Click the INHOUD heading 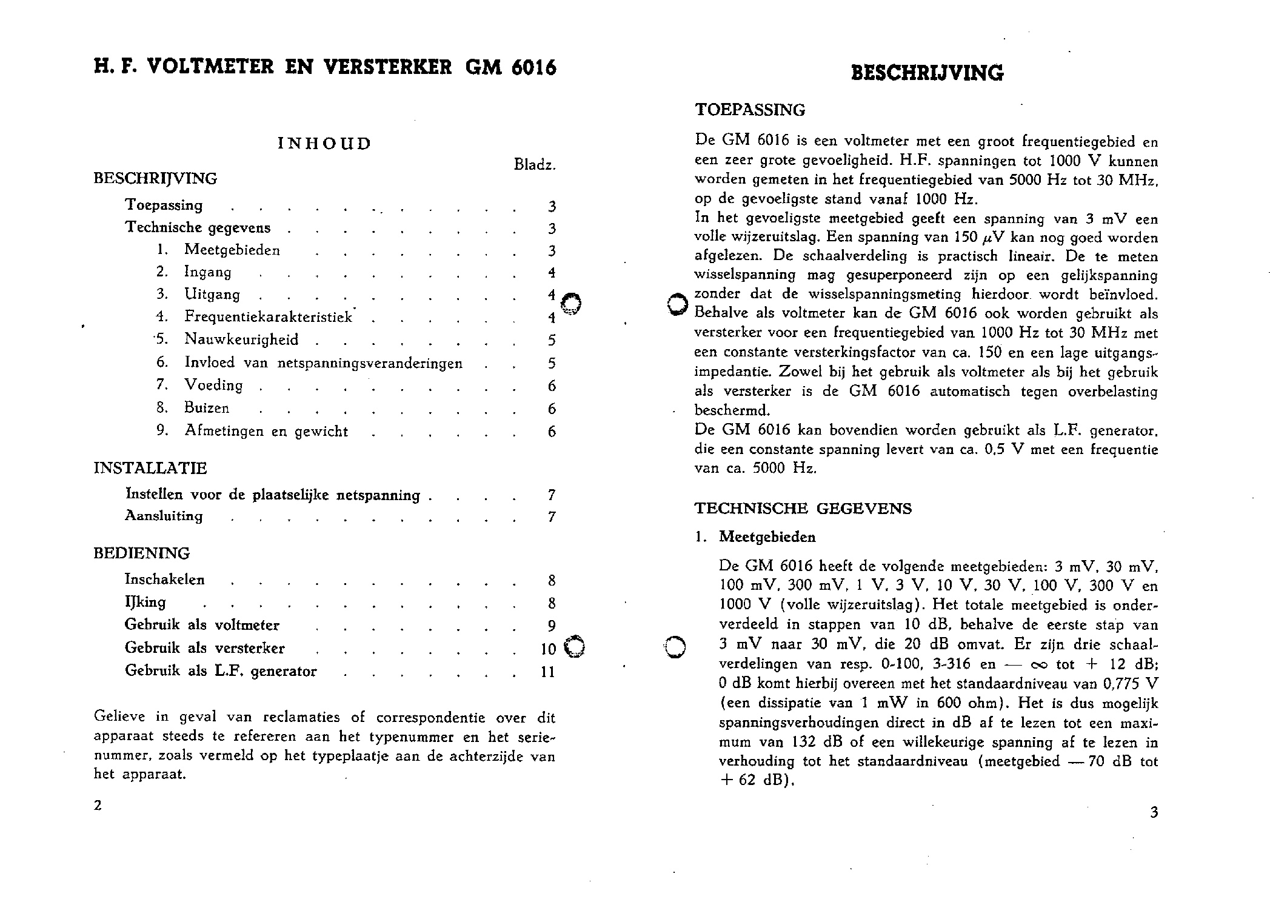[x=324, y=144]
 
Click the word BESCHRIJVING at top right [x=927, y=73]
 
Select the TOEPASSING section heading [x=750, y=110]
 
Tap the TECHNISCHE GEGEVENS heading [x=803, y=509]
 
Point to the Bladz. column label [x=534, y=165]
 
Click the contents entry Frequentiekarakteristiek [x=269, y=317]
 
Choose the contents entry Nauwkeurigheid [x=241, y=339]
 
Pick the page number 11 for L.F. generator [x=548, y=672]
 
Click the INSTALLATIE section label [x=150, y=469]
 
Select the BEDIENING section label [x=141, y=553]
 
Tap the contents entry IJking [x=145, y=603]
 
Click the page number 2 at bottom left [x=98, y=806]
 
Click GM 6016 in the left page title [x=510, y=67]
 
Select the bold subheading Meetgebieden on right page [x=767, y=537]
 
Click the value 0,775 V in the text [x=1131, y=684]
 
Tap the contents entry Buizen [x=207, y=409]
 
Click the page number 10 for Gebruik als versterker [x=548, y=649]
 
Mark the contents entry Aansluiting [x=164, y=516]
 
